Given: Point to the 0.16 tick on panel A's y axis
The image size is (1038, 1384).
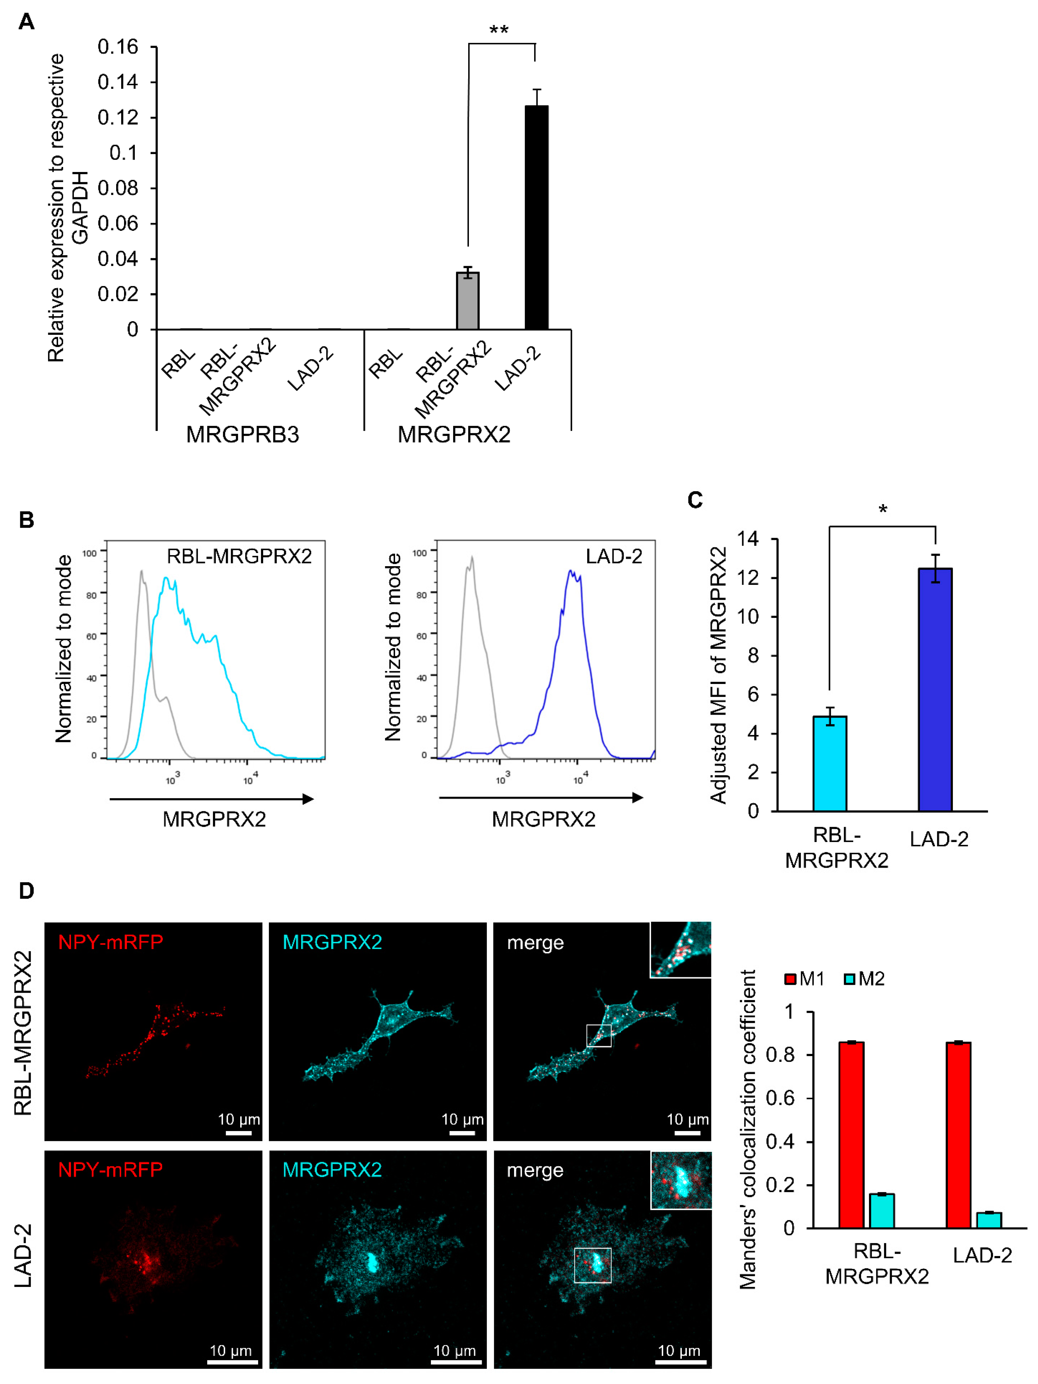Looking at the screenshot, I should click(117, 47).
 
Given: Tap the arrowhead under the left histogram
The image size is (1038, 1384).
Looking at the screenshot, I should click(308, 799).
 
